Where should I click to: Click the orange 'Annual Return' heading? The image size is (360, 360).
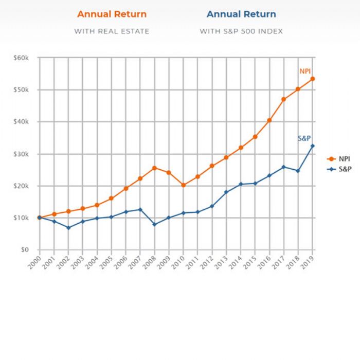tap(112, 14)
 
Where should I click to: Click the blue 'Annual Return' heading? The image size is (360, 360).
tap(241, 14)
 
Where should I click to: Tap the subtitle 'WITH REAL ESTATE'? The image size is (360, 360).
tap(112, 31)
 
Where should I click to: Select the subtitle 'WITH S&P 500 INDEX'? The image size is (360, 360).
tap(241, 31)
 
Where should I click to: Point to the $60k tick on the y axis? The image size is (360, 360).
tap(21, 58)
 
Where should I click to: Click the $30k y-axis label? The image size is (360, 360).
tap(21, 154)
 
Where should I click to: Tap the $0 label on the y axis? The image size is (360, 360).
tap(25, 250)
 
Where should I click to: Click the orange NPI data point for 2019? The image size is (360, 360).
tap(313, 79)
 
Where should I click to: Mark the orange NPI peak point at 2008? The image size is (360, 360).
tap(154, 168)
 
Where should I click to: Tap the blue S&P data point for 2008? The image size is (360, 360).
tap(154, 225)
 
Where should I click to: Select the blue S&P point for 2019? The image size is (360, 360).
tap(313, 146)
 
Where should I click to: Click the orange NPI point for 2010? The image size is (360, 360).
tap(183, 185)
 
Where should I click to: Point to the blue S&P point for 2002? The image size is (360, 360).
tap(68, 228)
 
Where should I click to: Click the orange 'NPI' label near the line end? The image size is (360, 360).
tap(305, 71)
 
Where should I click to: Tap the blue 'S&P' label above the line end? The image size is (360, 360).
tap(304, 138)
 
